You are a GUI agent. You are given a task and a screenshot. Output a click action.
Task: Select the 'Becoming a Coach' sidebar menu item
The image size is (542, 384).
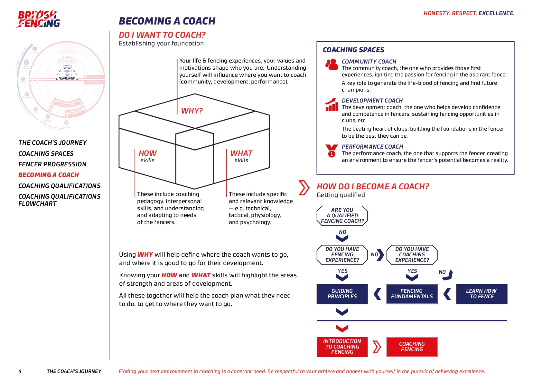[49, 175]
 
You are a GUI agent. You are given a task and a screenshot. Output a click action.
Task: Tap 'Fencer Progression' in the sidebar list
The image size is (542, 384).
[52, 164]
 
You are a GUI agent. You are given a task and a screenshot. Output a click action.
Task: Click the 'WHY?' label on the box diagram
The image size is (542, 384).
[192, 111]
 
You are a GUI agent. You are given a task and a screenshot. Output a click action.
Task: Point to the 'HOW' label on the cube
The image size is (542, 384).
[148, 153]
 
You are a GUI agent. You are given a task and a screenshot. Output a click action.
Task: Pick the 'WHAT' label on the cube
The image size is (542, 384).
[241, 153]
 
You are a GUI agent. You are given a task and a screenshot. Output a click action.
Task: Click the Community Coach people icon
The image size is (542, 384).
[332, 64]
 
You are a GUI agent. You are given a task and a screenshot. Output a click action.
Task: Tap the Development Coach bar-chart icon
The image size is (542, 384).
[332, 105]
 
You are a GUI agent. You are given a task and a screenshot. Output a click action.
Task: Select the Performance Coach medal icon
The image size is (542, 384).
[332, 151]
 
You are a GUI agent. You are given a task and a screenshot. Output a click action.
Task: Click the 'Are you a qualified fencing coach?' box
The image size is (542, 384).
[342, 216]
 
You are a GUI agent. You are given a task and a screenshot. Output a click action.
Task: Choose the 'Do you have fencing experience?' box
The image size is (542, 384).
[342, 255]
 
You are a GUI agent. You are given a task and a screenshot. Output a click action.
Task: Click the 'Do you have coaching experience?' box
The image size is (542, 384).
[412, 255]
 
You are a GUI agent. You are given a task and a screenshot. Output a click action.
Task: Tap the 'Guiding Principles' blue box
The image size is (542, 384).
[342, 294]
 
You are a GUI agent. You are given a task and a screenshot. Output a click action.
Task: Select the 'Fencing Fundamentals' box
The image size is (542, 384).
[412, 294]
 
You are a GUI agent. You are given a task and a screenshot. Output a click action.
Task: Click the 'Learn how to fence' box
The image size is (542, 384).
[481, 294]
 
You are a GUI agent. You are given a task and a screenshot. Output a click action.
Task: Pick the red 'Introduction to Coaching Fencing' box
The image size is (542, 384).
[342, 347]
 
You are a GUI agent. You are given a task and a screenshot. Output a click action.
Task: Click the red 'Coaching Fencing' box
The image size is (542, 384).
[412, 347]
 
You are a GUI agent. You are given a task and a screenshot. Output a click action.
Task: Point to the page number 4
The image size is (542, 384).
[20, 371]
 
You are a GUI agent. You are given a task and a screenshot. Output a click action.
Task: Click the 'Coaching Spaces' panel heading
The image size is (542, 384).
[353, 50]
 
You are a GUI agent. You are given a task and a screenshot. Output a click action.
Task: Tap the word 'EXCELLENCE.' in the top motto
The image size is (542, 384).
[496, 13]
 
